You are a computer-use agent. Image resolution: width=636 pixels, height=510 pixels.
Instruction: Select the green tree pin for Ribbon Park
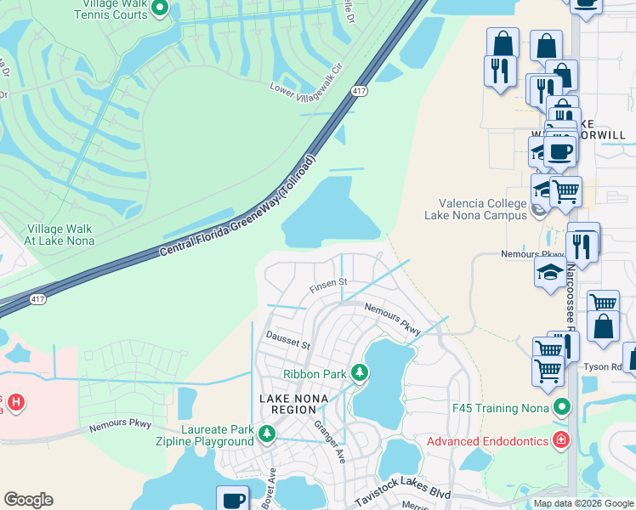pyautogui.click(x=360, y=372)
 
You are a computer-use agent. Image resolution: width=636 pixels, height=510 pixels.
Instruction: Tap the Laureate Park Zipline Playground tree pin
pyautogui.click(x=268, y=434)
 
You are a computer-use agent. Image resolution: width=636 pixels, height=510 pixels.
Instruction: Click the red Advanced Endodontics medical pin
pyautogui.click(x=560, y=440)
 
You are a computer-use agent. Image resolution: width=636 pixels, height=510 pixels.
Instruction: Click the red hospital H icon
pyautogui.click(x=15, y=400)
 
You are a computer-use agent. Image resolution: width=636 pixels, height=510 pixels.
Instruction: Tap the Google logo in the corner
pyautogui.click(x=28, y=500)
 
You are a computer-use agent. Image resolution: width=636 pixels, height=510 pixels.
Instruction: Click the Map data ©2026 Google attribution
pyautogui.click(x=582, y=503)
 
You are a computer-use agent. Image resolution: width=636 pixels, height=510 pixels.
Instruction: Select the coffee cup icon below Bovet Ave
pyautogui.click(x=232, y=500)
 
